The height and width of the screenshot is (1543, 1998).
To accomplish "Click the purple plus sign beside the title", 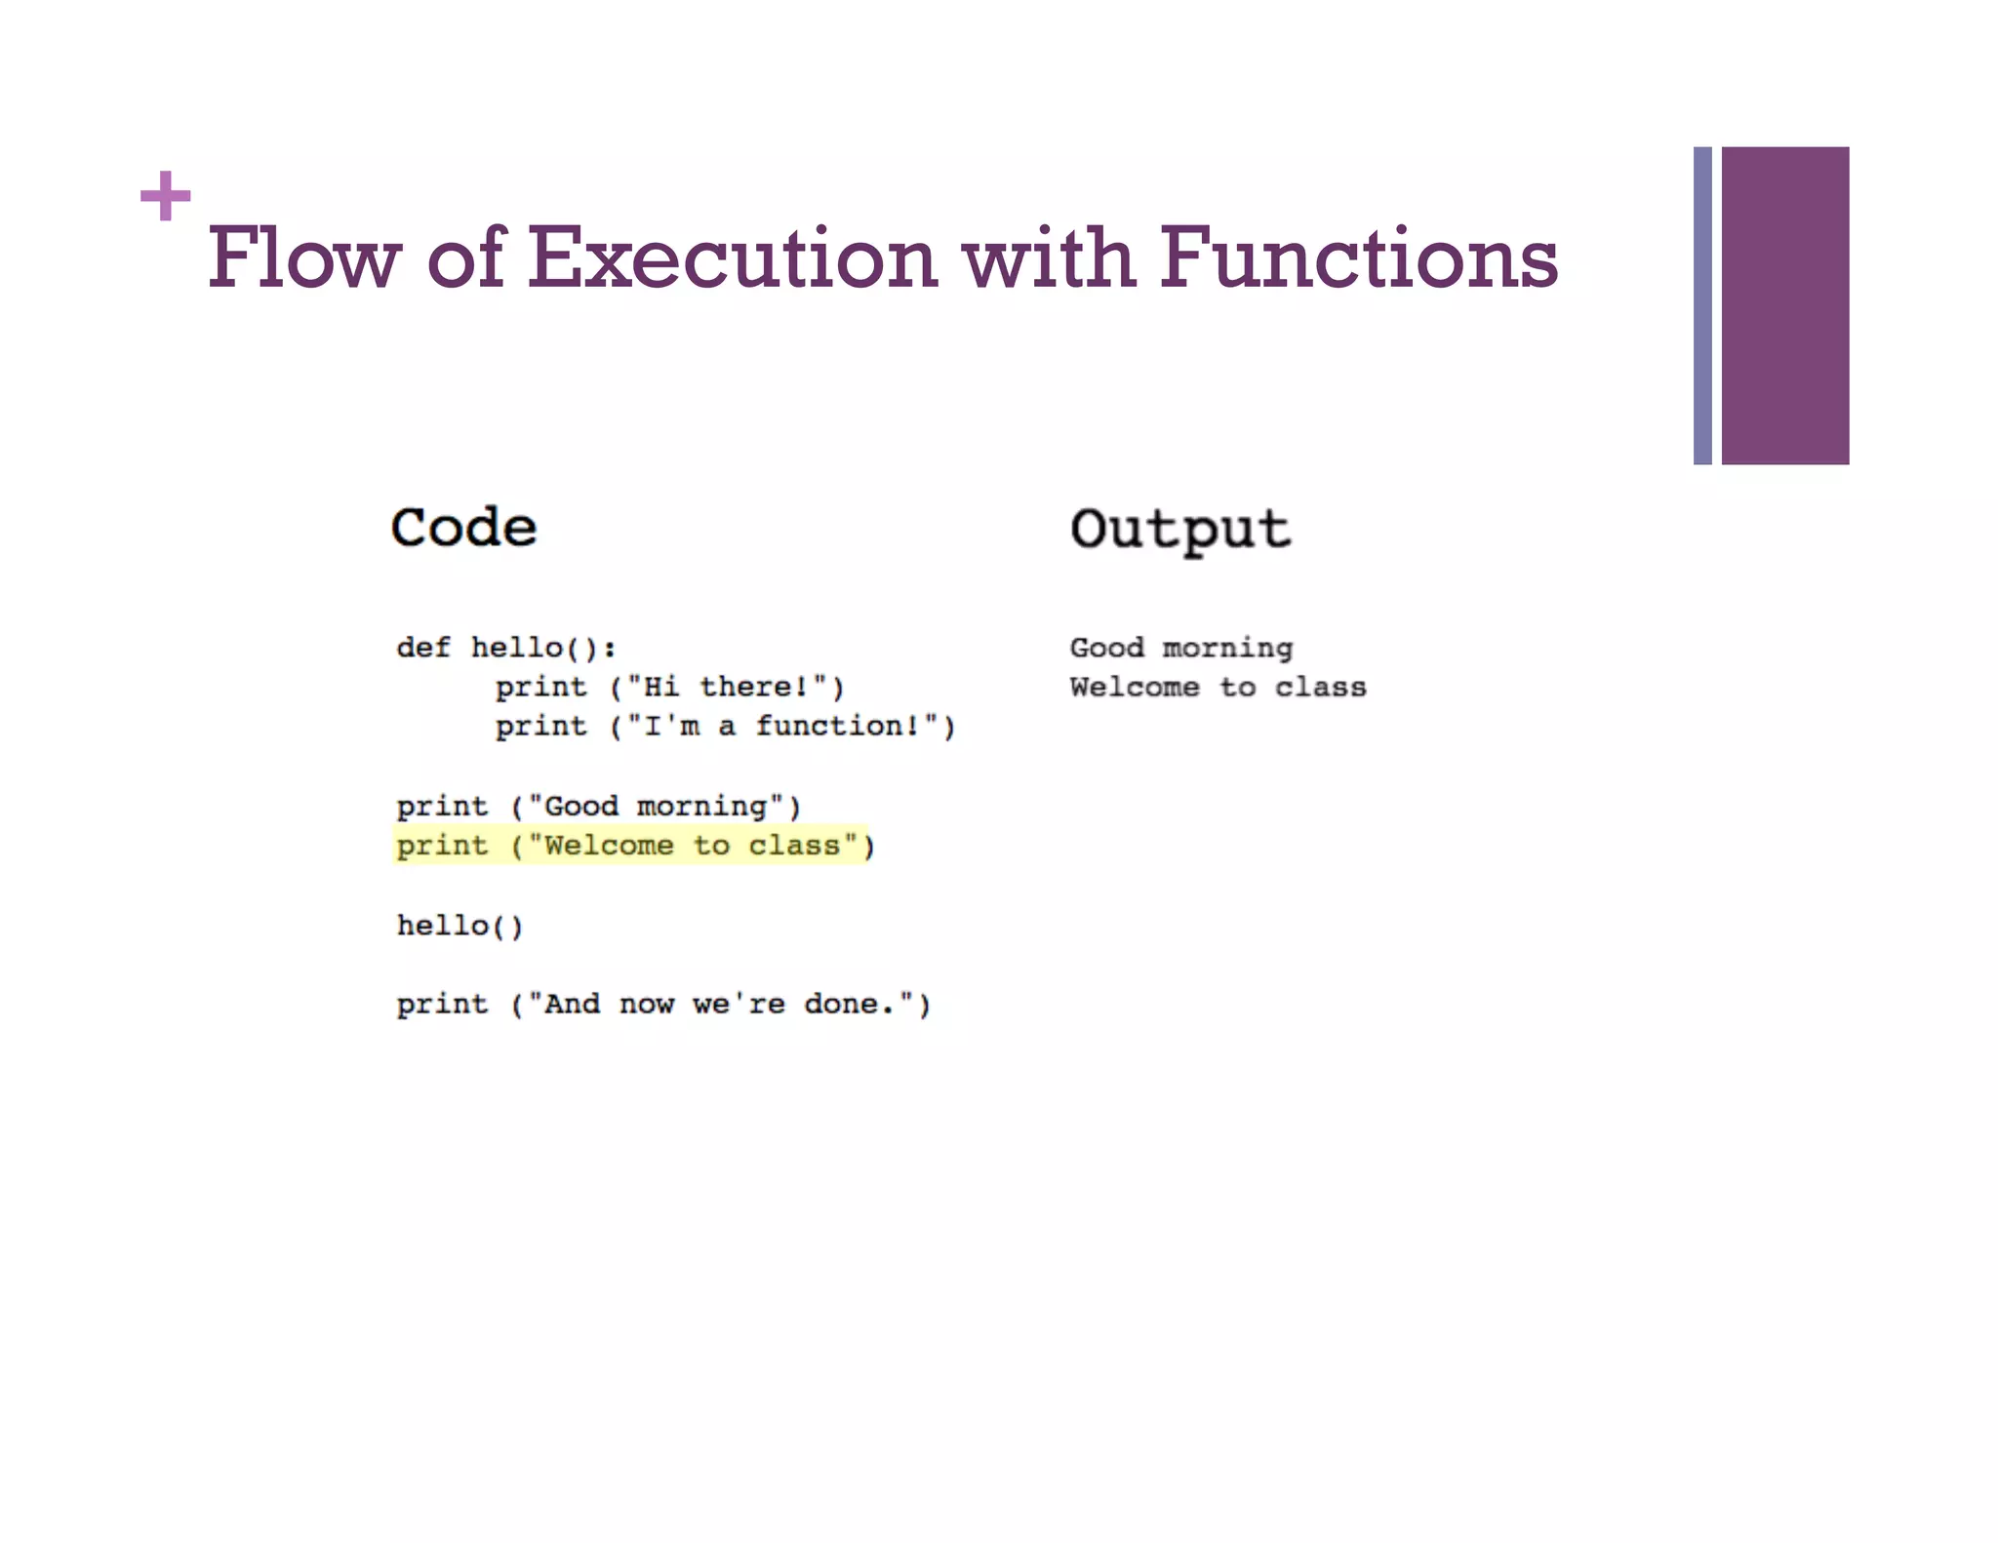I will [165, 196].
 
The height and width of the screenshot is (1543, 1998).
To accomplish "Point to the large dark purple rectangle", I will [1784, 305].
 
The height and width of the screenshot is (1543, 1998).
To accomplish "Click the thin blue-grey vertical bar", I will [1702, 305].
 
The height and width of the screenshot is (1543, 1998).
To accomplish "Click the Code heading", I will [463, 528].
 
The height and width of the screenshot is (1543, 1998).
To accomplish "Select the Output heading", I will [1179, 530].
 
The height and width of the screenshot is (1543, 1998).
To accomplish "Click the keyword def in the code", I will [423, 648].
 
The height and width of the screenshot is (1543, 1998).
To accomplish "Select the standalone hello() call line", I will [460, 926].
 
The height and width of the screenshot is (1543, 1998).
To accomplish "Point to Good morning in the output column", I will [1180, 648].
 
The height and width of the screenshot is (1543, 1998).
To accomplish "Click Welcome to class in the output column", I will [1217, 688].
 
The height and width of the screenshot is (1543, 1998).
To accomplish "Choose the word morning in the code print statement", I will [701, 807].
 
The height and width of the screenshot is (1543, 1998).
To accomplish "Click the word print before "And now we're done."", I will [442, 1005].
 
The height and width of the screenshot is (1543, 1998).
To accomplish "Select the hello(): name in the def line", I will [543, 648].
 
